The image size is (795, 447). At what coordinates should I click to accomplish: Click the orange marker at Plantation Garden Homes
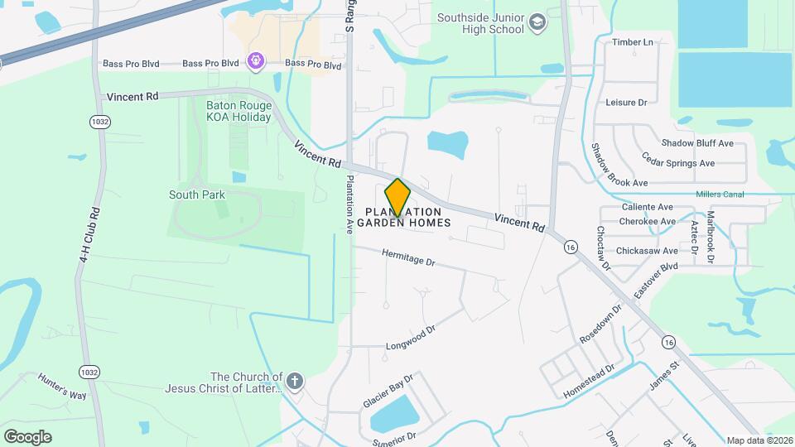coord(397,197)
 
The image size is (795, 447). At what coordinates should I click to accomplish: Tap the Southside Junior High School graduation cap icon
coord(537,22)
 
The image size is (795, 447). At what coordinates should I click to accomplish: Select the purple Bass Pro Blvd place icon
coord(255,60)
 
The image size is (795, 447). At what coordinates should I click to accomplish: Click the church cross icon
coord(295,382)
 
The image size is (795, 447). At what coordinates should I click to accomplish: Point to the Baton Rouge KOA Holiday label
coord(238,110)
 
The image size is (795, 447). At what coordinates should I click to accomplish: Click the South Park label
coord(197,195)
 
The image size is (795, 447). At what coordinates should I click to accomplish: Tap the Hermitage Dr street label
coord(408,259)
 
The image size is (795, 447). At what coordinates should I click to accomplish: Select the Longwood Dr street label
coord(410,338)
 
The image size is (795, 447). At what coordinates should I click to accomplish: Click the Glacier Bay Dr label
coord(388,391)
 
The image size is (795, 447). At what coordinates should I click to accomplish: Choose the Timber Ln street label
coord(632,42)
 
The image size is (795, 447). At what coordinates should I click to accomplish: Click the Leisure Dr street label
coord(626,102)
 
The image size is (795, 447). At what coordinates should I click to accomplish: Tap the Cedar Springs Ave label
coord(678,163)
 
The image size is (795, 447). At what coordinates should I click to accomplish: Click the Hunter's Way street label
coord(62,386)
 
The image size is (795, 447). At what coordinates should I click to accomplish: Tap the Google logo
coord(27,436)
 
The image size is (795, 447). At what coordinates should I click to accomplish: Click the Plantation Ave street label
coord(350,205)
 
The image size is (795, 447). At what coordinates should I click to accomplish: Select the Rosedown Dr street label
coord(600,325)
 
